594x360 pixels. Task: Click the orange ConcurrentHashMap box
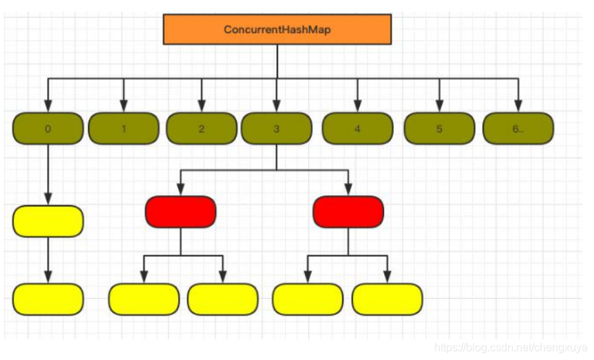pos(277,30)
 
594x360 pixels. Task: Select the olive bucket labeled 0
pos(47,129)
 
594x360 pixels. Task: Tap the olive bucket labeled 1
pos(124,129)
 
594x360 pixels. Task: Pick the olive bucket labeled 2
pos(201,129)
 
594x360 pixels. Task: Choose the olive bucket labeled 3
pos(276,129)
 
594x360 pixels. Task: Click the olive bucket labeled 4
pos(358,129)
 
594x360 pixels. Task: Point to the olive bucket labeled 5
pos(439,129)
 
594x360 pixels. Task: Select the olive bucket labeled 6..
pos(518,129)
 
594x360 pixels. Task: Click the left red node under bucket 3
pos(180,211)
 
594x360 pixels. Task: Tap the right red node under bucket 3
pos(348,211)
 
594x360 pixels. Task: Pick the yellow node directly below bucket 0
pos(47,221)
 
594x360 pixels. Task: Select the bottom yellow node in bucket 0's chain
pos(47,299)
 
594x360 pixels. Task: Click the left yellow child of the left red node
pos(144,299)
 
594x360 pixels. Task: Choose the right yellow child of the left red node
pos(223,299)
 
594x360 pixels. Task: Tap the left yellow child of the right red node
pos(308,299)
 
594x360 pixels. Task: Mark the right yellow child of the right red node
pos(387,299)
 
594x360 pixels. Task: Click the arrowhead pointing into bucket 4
pos(358,107)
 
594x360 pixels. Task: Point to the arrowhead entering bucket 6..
pos(518,107)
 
